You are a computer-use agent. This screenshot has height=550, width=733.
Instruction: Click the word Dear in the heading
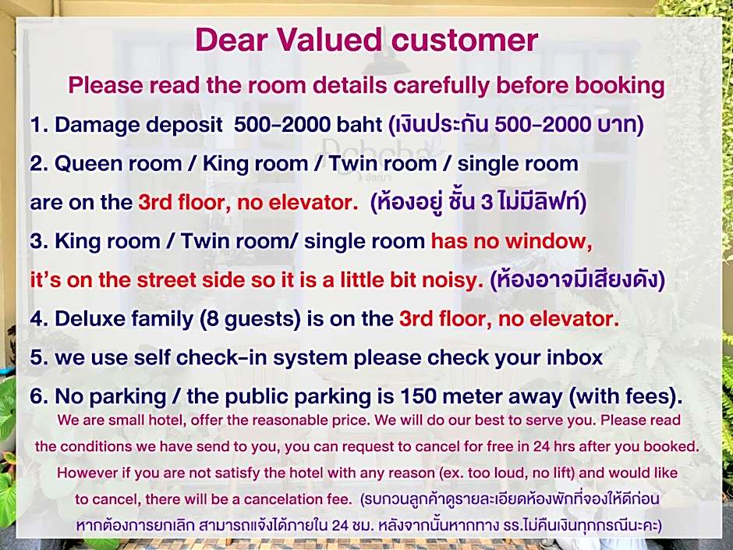(232, 40)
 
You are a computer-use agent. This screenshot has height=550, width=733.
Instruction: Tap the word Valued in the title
(330, 40)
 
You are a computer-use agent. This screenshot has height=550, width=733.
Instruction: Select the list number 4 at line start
(37, 319)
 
